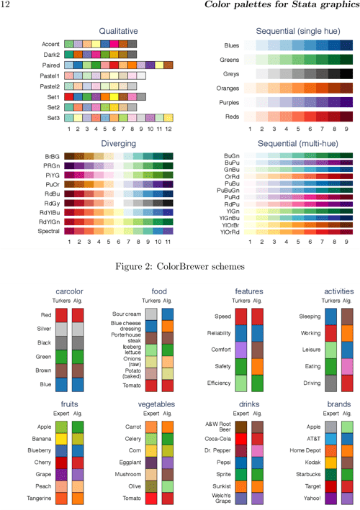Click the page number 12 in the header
tap(5, 6)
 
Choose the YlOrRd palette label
tap(232, 232)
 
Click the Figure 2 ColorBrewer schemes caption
tap(180, 267)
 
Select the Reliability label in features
tap(219, 332)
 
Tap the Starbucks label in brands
tap(310, 475)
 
